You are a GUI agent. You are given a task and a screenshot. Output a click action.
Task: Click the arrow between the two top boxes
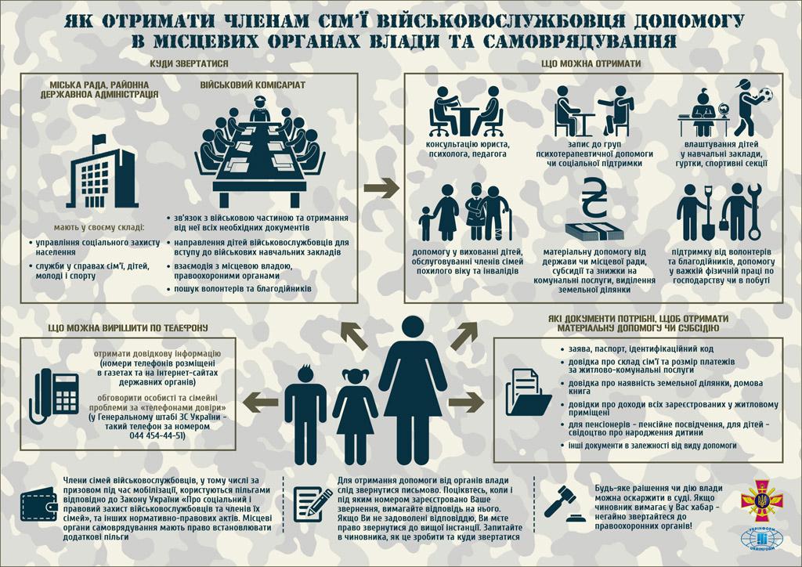point(381,188)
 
